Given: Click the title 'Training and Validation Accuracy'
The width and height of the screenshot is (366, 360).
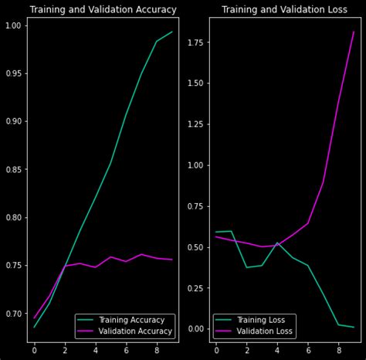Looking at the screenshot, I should pyautogui.click(x=103, y=10).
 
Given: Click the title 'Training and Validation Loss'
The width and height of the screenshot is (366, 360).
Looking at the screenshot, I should pyautogui.click(x=284, y=10).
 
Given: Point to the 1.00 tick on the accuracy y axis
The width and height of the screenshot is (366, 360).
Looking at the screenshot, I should pyautogui.click(x=14, y=25).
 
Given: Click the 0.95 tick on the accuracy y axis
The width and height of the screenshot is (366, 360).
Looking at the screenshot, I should pyautogui.click(x=14, y=73).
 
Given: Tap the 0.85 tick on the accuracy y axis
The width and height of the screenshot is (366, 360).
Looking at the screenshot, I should pyautogui.click(x=14, y=169).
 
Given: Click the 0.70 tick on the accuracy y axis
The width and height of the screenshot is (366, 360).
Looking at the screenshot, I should pyautogui.click(x=14, y=314).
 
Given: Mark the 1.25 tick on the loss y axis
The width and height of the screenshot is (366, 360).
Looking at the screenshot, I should pyautogui.click(x=196, y=124).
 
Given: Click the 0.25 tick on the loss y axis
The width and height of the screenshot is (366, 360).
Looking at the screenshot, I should pyautogui.click(x=196, y=288).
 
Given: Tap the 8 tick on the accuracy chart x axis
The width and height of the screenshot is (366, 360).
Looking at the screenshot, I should pyautogui.click(x=157, y=350).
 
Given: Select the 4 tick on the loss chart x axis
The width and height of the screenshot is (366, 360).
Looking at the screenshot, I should pyautogui.click(x=277, y=350).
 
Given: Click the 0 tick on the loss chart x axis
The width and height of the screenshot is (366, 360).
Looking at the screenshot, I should pyautogui.click(x=216, y=350).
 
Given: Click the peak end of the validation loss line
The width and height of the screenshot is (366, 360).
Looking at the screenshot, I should pyautogui.click(x=354, y=32).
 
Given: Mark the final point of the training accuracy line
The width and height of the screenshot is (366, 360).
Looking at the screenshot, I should pyautogui.click(x=172, y=32).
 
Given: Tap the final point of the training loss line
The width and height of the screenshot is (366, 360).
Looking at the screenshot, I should pyautogui.click(x=354, y=327).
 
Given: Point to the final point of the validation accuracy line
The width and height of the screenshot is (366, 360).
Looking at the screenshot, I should pyautogui.click(x=172, y=260).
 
